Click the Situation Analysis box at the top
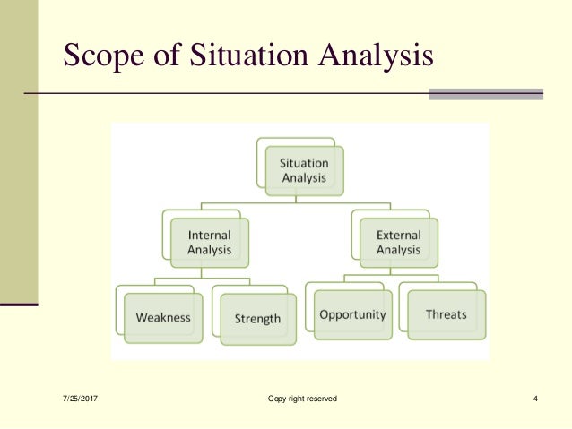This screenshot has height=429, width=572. click(x=305, y=170)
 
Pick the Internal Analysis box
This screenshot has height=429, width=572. click(x=209, y=243)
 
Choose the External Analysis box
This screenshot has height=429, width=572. click(x=398, y=243)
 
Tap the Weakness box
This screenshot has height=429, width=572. click(x=162, y=318)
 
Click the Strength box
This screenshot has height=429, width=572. click(x=257, y=318)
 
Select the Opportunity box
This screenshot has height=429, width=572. click(x=352, y=314)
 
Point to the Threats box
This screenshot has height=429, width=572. click(x=446, y=314)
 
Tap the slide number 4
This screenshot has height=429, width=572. click(x=534, y=399)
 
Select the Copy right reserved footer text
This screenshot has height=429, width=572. click(x=302, y=399)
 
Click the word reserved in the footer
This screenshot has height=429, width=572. click(x=321, y=399)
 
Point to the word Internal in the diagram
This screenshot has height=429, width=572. click(x=209, y=236)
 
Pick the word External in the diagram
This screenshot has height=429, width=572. click(x=398, y=236)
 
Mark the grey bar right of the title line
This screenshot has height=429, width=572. click(x=486, y=93)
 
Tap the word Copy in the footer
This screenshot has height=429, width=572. click(x=276, y=399)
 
